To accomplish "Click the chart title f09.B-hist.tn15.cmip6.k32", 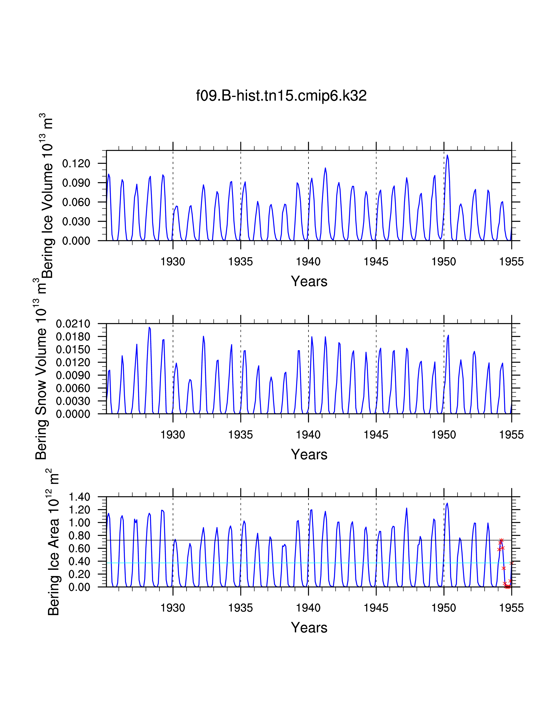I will (x=281, y=96).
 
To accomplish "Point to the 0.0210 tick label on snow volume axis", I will (x=73, y=324).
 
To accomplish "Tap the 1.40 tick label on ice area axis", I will (x=79, y=497).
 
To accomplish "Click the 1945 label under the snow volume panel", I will (x=376, y=435).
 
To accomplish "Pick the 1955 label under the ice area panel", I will (x=511, y=608).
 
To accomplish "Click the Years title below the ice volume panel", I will (x=309, y=281).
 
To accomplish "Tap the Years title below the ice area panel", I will (x=309, y=627).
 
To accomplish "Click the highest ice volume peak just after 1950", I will (x=447, y=155).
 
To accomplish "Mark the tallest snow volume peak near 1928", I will (x=149, y=328).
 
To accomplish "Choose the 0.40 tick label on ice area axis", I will (x=79, y=561).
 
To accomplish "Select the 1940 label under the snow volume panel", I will (x=308, y=435).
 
